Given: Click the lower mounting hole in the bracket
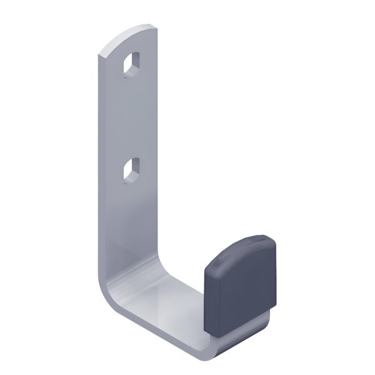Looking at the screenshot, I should [x=132, y=170].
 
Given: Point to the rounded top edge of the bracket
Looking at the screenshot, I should [x=128, y=35].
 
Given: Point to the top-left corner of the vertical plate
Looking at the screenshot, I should [x=99, y=55].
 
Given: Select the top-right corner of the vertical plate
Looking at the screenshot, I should [x=155, y=26].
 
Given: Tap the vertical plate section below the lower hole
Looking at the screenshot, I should [x=131, y=219].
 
